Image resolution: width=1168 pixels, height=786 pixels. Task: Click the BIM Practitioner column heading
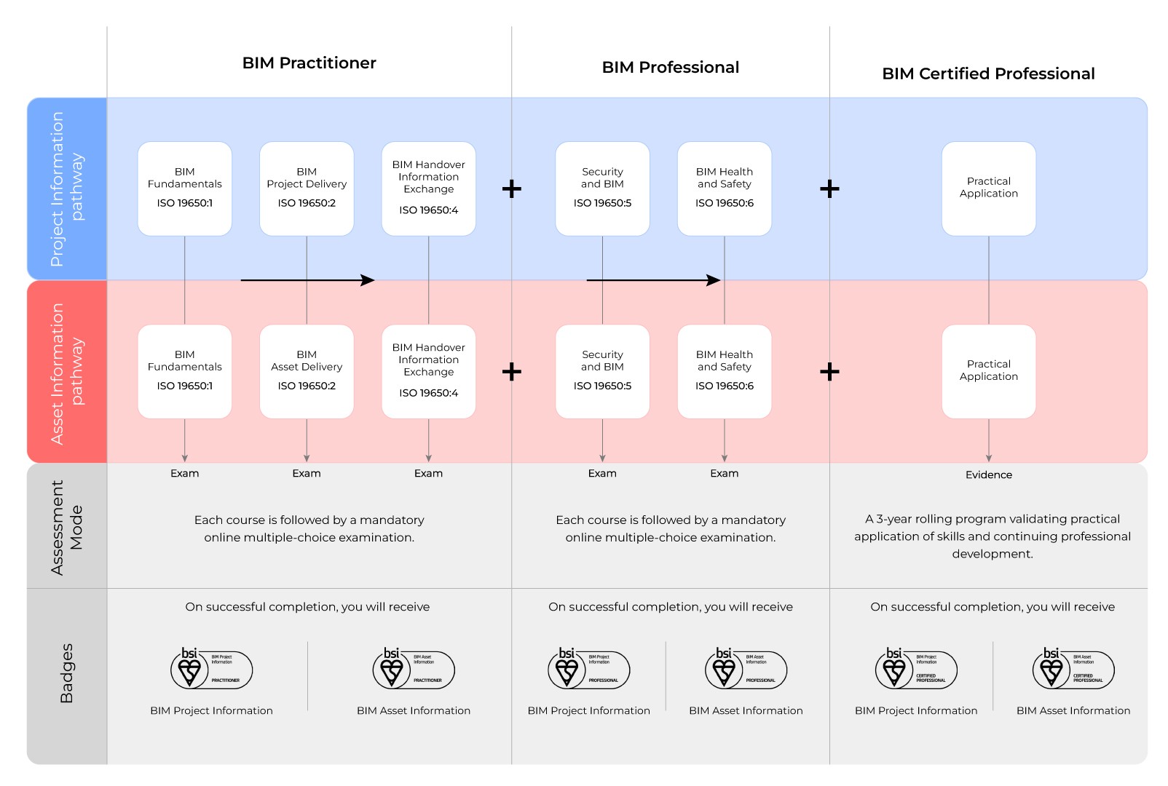309,63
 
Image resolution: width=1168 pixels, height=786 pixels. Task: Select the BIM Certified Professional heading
987,74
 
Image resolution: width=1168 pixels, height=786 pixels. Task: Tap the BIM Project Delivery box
307,188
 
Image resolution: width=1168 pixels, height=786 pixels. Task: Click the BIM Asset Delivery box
307,371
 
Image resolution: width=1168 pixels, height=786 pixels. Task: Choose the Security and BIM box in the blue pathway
602,188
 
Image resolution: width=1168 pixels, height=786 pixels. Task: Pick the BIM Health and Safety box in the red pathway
724,371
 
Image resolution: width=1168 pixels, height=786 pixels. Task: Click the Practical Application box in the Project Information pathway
988,188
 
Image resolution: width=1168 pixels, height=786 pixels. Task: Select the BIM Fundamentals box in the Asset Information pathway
185,371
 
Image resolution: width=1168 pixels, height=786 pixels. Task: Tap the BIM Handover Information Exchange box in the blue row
428,188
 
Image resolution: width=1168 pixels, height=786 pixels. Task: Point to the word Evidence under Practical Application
988,475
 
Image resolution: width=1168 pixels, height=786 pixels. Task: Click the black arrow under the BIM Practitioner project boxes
307,280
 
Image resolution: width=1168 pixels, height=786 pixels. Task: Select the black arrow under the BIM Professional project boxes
653,280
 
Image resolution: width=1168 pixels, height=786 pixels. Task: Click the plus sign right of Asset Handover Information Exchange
512,372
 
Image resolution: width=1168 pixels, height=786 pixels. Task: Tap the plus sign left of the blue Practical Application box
829,189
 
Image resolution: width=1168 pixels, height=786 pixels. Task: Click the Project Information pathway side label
67,188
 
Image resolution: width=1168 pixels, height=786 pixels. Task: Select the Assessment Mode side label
67,527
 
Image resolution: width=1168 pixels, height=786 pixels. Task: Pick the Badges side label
67,673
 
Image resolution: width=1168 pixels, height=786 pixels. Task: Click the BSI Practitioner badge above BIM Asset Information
413,669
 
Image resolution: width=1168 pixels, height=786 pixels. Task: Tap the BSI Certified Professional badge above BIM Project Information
915,669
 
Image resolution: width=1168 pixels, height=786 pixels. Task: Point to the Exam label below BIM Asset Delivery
307,473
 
